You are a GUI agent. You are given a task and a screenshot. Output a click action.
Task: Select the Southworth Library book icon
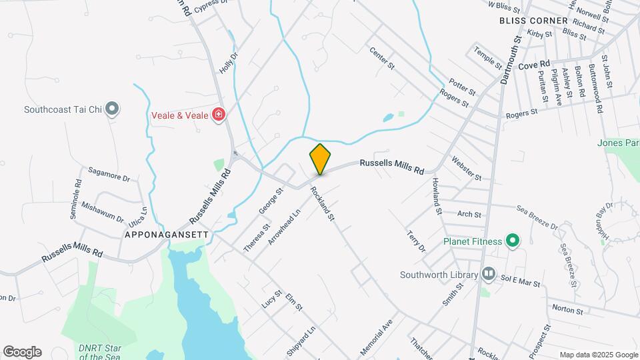coord(489,274)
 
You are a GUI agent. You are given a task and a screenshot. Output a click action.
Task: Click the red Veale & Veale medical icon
coord(218,115)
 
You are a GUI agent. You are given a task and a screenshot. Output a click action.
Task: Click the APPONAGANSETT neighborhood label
coord(167,235)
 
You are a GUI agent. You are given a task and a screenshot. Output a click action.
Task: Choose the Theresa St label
coord(256,237)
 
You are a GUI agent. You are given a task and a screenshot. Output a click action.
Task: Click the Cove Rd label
coord(533,66)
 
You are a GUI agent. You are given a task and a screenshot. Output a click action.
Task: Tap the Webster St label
coord(466,168)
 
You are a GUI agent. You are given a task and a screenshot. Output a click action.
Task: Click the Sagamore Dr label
coord(108,177)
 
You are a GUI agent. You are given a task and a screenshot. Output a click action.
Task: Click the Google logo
coord(22,352)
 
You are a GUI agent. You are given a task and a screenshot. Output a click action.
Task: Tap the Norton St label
coord(567,311)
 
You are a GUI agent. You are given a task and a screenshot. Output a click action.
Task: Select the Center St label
coord(382,59)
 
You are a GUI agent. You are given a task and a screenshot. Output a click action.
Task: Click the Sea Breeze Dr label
coord(537,217)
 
